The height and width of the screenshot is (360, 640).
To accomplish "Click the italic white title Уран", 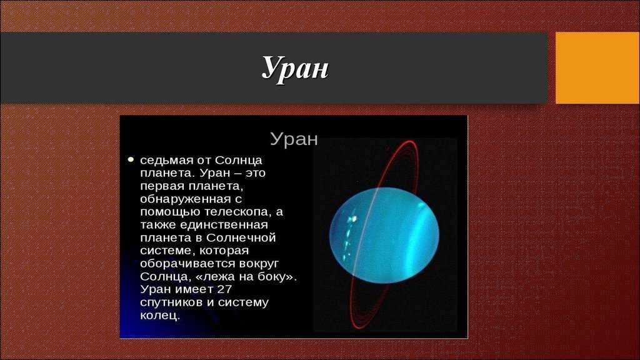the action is click(x=295, y=67).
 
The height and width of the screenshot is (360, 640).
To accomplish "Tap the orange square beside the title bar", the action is click(x=597, y=67).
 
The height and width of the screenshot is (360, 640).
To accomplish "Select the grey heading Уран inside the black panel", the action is click(x=294, y=139).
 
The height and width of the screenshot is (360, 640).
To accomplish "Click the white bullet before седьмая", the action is click(x=131, y=159).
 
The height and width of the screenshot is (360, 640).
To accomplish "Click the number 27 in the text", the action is click(x=224, y=289).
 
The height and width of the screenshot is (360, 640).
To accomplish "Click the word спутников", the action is click(x=171, y=302).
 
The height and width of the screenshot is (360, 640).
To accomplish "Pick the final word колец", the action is click(x=159, y=316).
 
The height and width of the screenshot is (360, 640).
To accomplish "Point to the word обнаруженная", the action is click(x=185, y=199).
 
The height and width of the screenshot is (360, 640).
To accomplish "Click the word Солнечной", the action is click(x=241, y=237).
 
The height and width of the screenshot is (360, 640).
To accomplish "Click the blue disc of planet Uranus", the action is click(x=384, y=236).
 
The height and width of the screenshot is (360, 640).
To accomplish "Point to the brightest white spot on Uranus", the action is click(x=353, y=219).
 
